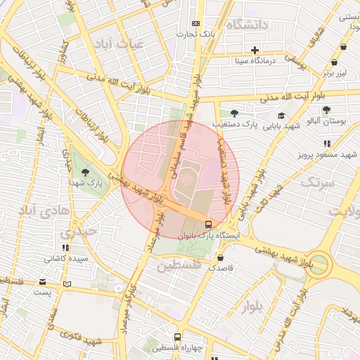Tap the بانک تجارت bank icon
coord(195,23)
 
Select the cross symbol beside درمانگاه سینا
coord(255,50)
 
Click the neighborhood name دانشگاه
coord(243,26)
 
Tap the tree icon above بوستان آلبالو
coord(327,109)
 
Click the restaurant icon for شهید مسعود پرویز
coord(327,143)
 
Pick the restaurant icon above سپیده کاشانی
coord(65,247)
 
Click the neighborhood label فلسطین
coord(179,266)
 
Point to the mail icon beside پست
coord(67,284)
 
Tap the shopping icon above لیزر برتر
coord(343,48)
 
